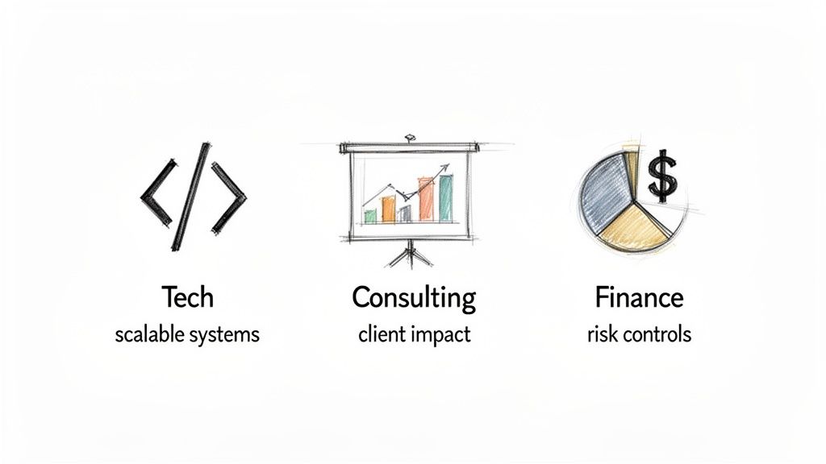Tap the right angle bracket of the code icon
point(229,198)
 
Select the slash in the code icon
point(192,197)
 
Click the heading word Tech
point(188,297)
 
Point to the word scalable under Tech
point(149,333)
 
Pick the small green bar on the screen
point(370,216)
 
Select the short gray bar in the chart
point(405,213)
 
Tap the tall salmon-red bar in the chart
point(426,200)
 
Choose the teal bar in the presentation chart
point(445,198)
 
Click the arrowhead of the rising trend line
point(444,168)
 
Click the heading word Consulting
point(414,298)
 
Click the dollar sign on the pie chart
point(662,176)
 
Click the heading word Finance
point(639,297)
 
